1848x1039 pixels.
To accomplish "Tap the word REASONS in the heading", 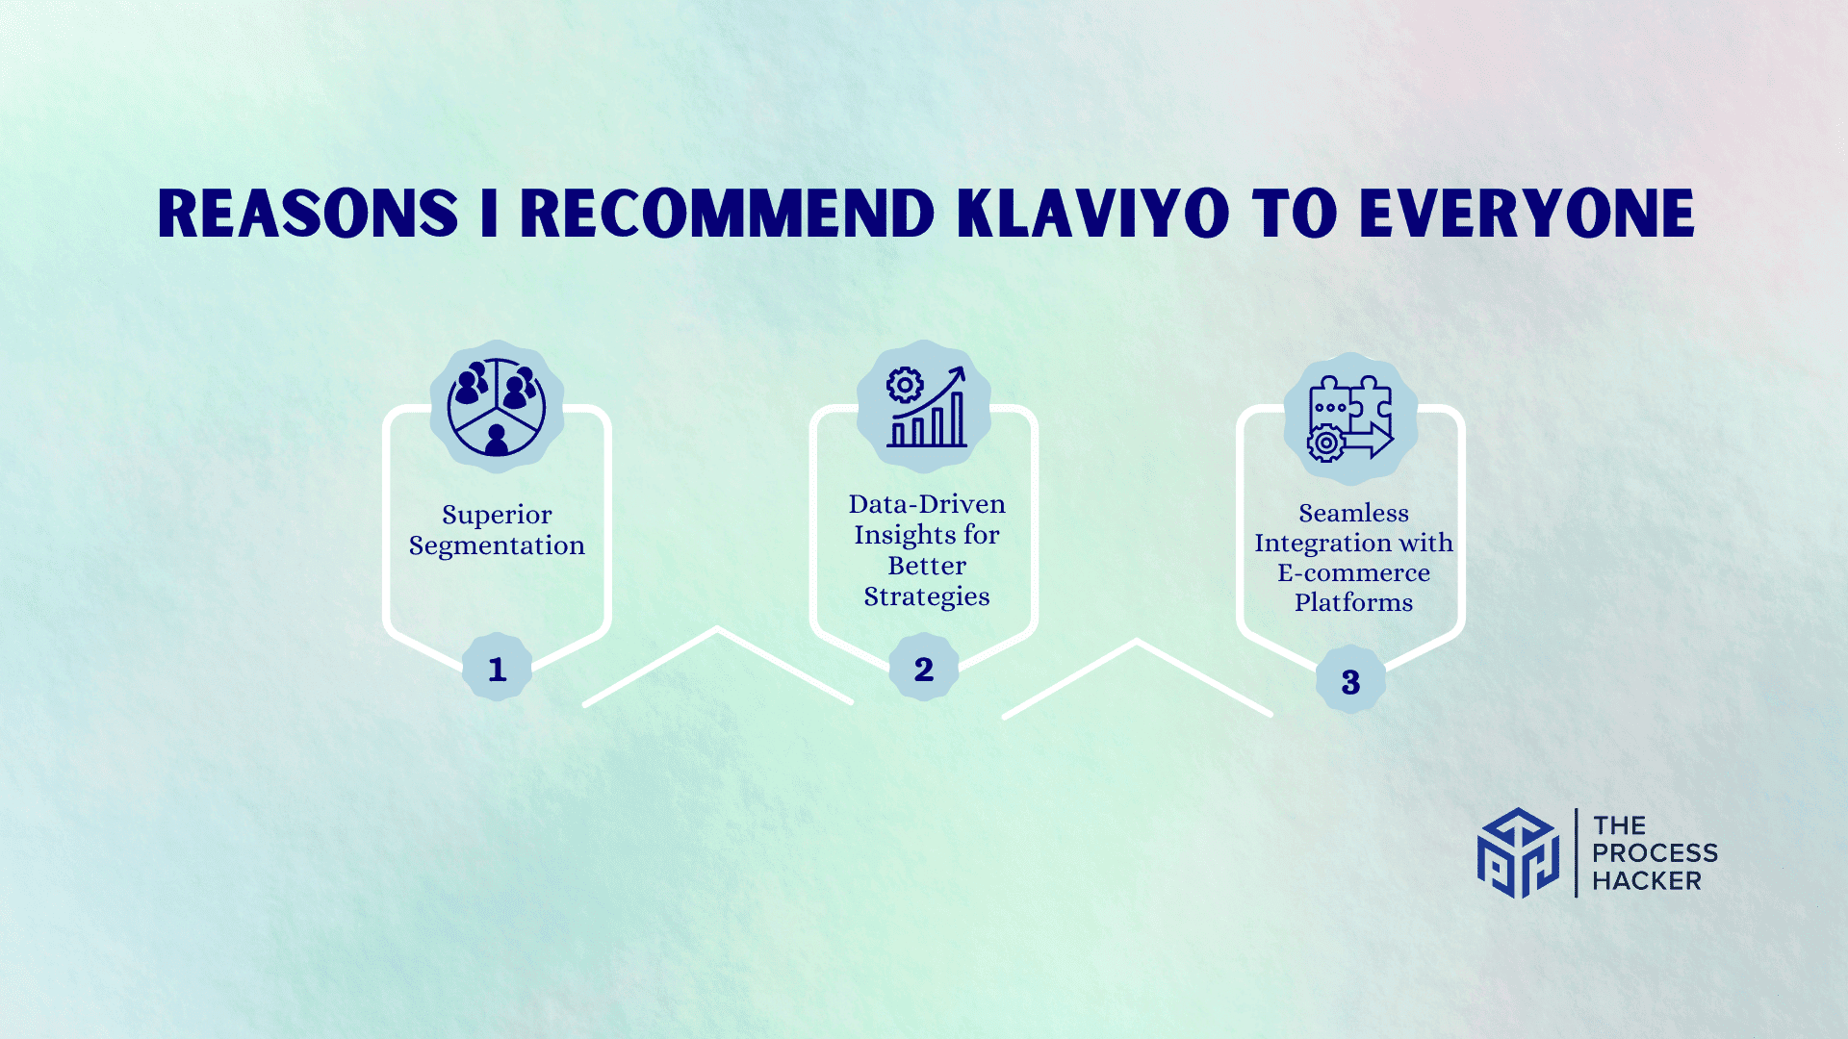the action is coord(308,213).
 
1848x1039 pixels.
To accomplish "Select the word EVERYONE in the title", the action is coord(1527,213).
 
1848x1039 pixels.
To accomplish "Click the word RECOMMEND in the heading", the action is coord(728,213).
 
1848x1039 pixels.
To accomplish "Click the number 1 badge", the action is coord(497,668).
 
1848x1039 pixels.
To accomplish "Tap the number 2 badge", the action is coord(924,668).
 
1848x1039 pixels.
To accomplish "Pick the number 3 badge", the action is coord(1350,680).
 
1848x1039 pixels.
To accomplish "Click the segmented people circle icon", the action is coord(497,407).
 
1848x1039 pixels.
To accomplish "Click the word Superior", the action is coord(497,515).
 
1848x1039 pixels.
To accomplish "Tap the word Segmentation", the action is coord(497,545).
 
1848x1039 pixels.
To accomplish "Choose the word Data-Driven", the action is coord(927,504).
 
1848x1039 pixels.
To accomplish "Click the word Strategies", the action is coord(927,596).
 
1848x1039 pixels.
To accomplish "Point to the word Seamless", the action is coord(1353,513).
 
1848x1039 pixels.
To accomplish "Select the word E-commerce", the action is coord(1353,572).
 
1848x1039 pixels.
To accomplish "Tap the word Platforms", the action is coord(1353,602).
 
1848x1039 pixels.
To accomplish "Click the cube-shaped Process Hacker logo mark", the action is coord(1518,852).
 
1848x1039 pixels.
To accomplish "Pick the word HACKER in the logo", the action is coord(1647,880).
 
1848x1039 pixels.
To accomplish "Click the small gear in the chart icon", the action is coord(905,385).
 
